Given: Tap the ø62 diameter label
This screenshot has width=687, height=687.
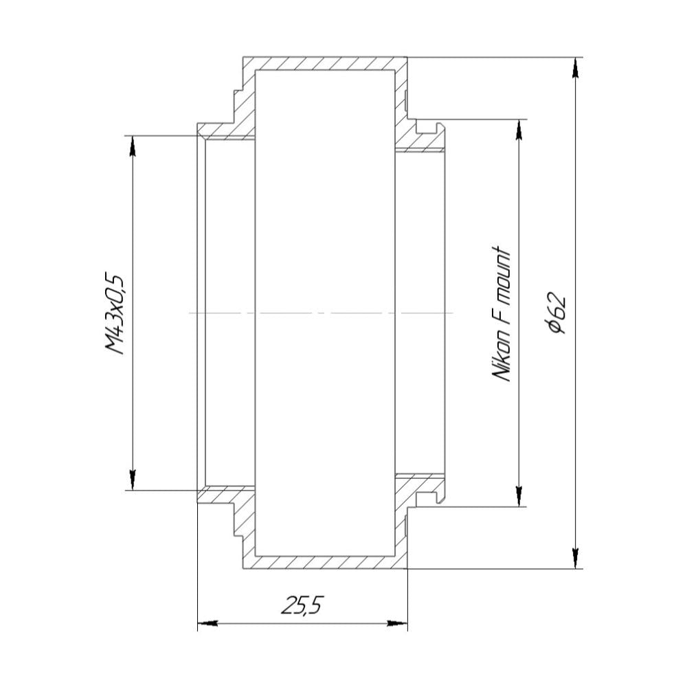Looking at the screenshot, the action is point(558,313).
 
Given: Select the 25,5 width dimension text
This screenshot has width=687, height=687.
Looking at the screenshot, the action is point(302,605).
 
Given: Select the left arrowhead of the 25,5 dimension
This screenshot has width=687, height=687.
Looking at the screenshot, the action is point(207,622).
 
